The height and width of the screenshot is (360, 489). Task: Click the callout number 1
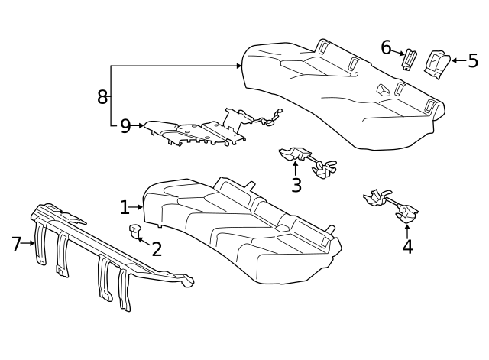[x=125, y=207]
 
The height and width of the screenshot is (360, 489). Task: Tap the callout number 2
[x=157, y=249]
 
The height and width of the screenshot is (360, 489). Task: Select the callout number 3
[x=296, y=185]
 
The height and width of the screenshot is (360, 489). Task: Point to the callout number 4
[x=407, y=246]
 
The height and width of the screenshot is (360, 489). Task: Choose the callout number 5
[x=473, y=60]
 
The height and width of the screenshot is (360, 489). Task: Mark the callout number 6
[x=387, y=47]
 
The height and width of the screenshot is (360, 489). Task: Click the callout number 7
[x=17, y=244]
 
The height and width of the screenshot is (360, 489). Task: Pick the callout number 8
[x=102, y=97]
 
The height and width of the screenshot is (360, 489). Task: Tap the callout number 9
[x=125, y=126]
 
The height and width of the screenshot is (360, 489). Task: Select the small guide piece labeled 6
[x=410, y=59]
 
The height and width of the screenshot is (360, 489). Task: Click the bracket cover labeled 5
[x=438, y=63]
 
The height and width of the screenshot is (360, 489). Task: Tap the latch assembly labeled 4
[x=391, y=205]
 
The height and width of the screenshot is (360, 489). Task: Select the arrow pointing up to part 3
[x=296, y=167]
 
